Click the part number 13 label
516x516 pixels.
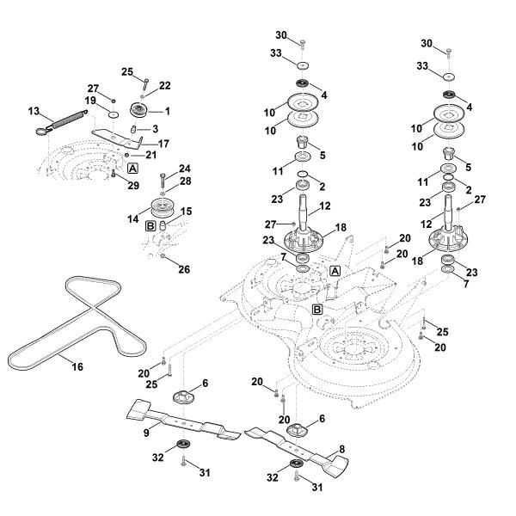click(x=34, y=111)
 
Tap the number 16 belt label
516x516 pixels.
click(x=77, y=366)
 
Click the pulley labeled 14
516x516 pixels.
click(x=161, y=209)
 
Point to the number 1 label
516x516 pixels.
click(x=167, y=111)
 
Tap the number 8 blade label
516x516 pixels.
click(x=342, y=448)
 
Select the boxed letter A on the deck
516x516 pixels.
click(x=335, y=271)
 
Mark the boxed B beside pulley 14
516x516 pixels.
click(x=150, y=225)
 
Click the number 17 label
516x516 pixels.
click(x=163, y=143)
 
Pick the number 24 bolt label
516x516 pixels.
click(x=184, y=168)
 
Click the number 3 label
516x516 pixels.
click(x=156, y=128)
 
